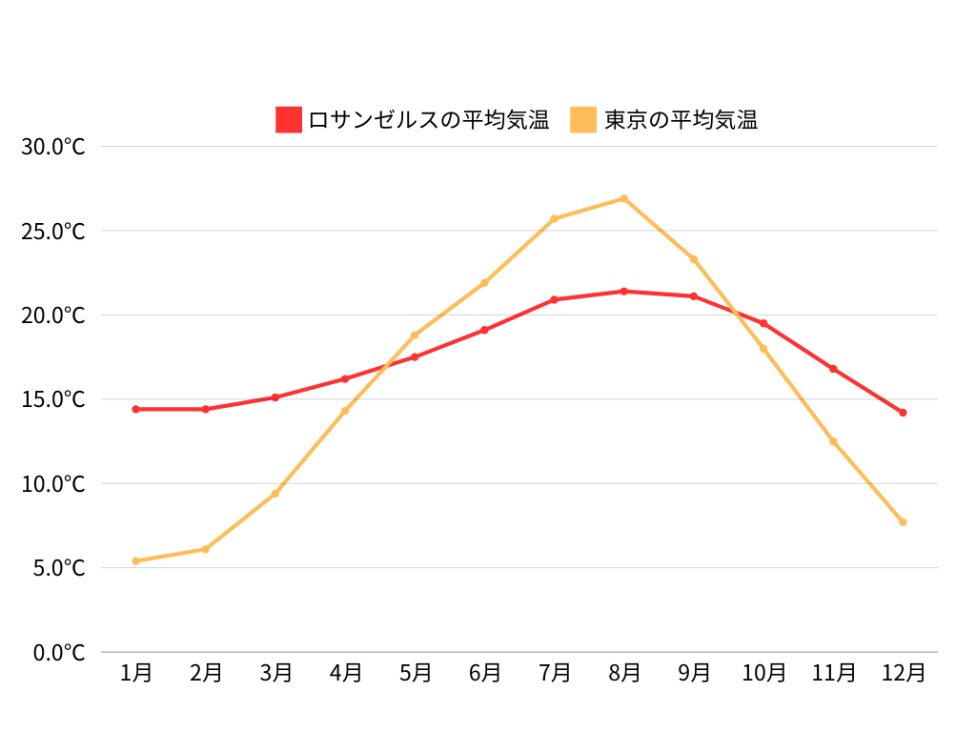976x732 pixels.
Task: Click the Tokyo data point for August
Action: click(x=624, y=198)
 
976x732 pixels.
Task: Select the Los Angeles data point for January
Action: click(x=136, y=409)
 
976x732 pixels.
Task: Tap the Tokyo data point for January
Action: click(x=136, y=560)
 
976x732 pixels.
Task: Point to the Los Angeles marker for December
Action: click(x=903, y=413)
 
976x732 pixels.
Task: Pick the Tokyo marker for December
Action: click(x=903, y=522)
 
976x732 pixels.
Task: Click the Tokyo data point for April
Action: click(x=345, y=411)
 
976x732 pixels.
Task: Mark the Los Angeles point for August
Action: click(x=624, y=292)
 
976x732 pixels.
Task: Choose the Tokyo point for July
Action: click(x=555, y=218)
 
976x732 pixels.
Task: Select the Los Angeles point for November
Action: click(x=833, y=369)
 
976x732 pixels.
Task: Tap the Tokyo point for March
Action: click(x=275, y=493)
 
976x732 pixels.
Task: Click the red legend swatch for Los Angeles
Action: click(x=289, y=120)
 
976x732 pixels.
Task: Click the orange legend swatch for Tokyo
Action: click(x=583, y=120)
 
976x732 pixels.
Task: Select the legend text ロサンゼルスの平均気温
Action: click(x=429, y=120)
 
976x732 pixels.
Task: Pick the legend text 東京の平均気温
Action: click(x=681, y=120)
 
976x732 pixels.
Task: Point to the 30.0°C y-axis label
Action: click(x=53, y=147)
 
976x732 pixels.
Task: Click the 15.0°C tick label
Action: click(x=53, y=399)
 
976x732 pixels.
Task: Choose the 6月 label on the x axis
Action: click(x=485, y=673)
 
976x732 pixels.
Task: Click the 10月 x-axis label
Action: click(x=763, y=673)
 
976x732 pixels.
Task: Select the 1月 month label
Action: click(x=136, y=673)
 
